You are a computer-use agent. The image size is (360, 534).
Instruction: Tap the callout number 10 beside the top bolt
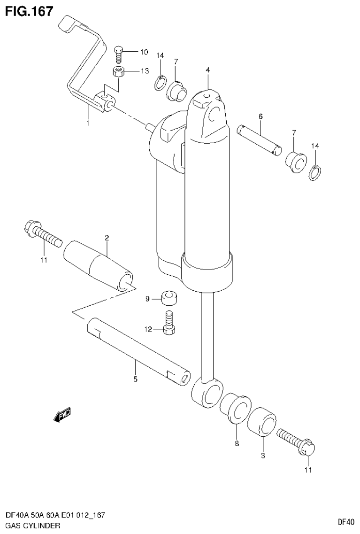(144, 52)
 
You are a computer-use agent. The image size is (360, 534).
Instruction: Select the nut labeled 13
(119, 72)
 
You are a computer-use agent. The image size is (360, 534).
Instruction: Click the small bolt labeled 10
(119, 54)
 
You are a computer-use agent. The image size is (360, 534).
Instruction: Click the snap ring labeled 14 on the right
(314, 173)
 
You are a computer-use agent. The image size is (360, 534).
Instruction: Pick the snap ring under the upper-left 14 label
(160, 83)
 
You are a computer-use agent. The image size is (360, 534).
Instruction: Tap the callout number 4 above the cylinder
(207, 70)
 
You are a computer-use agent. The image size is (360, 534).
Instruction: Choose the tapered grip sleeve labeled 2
(98, 265)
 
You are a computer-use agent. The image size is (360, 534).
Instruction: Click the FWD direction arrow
(62, 414)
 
